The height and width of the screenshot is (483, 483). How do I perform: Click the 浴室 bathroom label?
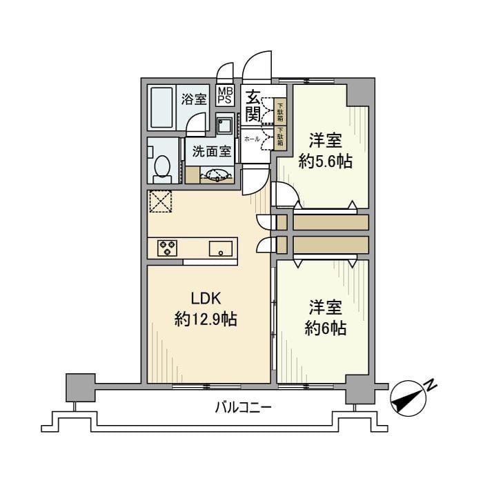click(193, 99)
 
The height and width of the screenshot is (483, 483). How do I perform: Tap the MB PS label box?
click(225, 95)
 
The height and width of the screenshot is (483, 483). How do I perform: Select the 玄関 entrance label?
click(253, 104)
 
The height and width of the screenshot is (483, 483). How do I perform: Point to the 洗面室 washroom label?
click(211, 152)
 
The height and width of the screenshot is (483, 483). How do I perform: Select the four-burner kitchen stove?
click(168, 247)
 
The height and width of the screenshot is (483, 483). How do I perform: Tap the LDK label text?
click(206, 299)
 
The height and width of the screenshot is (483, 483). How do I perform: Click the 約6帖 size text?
click(326, 328)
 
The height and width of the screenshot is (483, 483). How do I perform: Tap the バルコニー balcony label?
click(241, 408)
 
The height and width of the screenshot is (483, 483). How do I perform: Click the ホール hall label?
click(252, 139)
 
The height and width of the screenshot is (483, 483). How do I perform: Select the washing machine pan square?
click(225, 126)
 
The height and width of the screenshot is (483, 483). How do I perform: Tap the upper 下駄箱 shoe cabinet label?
click(281, 110)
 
